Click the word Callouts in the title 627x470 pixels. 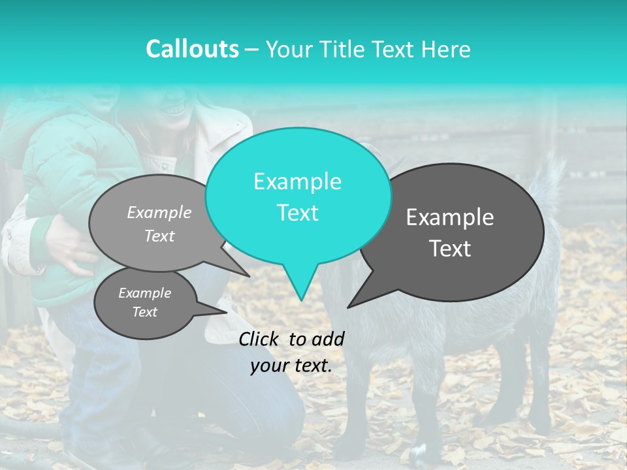[192, 49]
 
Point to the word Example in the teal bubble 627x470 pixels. [297, 181]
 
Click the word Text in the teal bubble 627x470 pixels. [297, 213]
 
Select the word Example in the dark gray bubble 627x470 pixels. [450, 217]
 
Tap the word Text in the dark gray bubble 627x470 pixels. [450, 249]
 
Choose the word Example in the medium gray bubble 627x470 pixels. [159, 212]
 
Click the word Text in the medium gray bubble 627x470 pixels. [159, 236]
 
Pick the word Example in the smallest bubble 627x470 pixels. [144, 293]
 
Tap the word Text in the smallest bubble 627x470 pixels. [144, 312]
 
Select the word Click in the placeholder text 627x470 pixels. [261, 339]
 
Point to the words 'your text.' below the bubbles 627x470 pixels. [291, 366]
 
